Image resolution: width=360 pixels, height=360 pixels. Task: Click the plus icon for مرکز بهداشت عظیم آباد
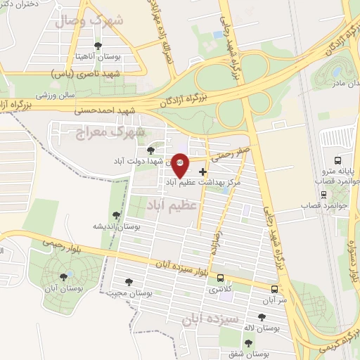pos(203,171)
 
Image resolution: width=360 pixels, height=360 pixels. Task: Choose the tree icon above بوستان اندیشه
pos(116,216)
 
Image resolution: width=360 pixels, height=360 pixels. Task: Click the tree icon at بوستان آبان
pos(64,276)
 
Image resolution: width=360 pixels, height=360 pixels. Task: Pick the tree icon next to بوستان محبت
pos(129,281)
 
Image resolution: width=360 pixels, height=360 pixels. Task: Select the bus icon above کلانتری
pos(221,278)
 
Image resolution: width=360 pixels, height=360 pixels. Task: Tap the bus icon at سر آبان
pos(274,288)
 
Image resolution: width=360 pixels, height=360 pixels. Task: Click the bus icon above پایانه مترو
pos(337,160)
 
